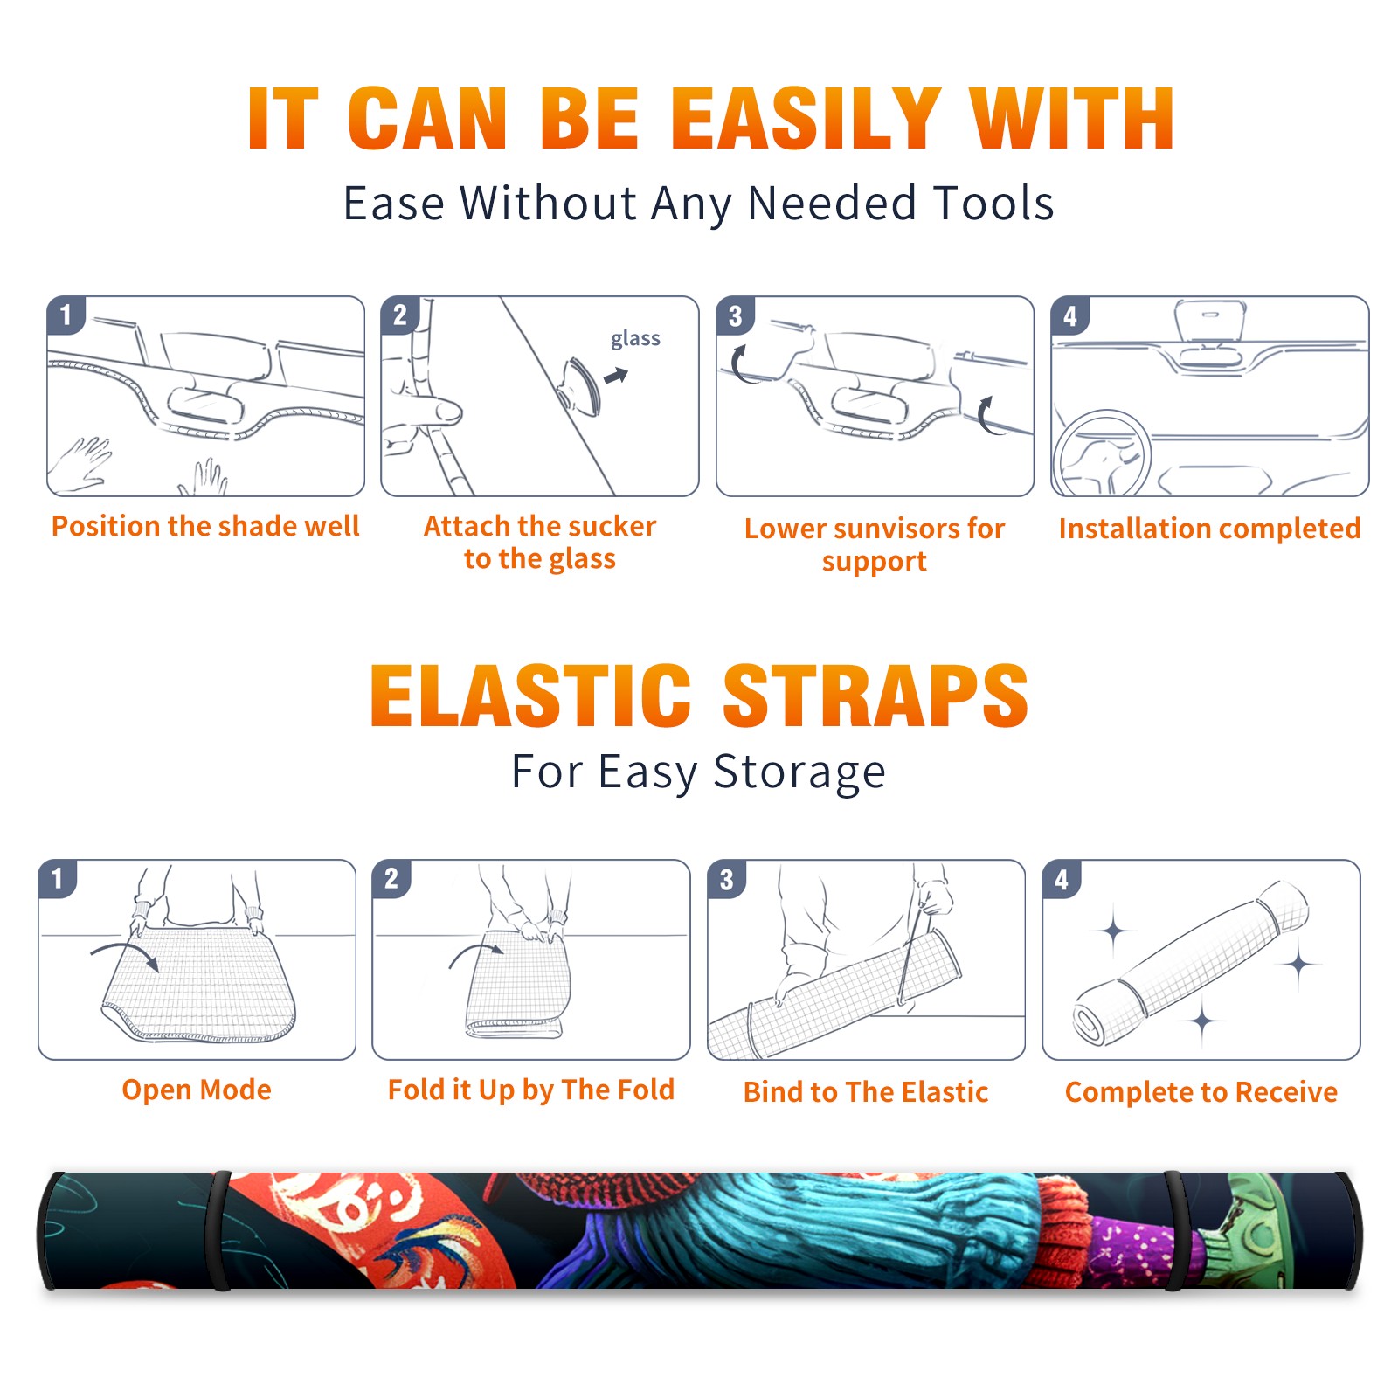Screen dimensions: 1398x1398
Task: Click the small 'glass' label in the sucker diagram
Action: click(x=635, y=339)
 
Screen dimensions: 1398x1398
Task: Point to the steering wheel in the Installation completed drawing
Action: click(x=1101, y=453)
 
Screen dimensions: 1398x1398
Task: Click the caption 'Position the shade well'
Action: click(x=205, y=526)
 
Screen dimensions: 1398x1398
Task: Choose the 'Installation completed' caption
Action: click(x=1209, y=529)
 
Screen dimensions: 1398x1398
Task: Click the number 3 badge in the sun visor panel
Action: click(x=735, y=315)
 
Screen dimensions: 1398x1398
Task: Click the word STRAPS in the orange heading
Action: click(x=875, y=696)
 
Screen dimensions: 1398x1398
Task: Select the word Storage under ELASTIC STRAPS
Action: click(x=799, y=772)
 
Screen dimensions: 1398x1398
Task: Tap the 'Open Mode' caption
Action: click(x=197, y=1090)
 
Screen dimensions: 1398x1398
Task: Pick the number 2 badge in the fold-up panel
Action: click(x=391, y=878)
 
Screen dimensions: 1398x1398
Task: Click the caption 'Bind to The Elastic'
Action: click(x=866, y=1092)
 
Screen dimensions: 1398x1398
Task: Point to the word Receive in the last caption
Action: click(x=1286, y=1092)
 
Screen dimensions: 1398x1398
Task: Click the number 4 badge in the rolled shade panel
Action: click(x=1062, y=879)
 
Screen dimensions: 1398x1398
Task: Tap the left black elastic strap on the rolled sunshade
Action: click(x=218, y=1230)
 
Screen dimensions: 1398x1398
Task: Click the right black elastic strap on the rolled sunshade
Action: click(x=1175, y=1230)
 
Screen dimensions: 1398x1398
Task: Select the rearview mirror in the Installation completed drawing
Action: click(x=1210, y=322)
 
